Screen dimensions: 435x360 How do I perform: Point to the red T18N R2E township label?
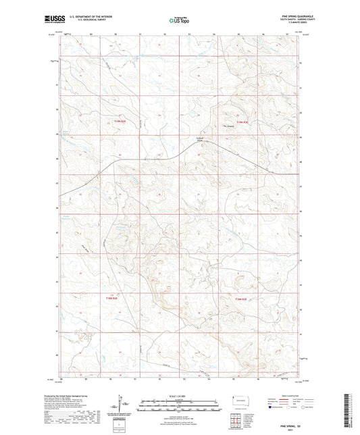(x=112, y=298)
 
